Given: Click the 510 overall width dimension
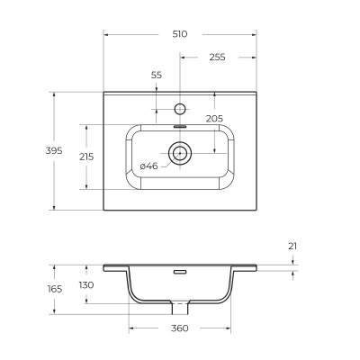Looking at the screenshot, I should point(179,34).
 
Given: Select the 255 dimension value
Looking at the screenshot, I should point(217,57).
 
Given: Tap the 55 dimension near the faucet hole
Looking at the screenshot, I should point(157,76).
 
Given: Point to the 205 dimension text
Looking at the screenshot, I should point(213,118).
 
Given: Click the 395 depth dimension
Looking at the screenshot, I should point(53,150).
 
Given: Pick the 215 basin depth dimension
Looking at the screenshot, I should point(86,156).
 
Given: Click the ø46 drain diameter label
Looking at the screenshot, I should point(148,166).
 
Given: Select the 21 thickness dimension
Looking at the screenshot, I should point(293,246).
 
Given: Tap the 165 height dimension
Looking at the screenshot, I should point(55,289).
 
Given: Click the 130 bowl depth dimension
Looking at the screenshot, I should point(87,285).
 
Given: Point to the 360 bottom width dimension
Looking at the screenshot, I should point(179,328).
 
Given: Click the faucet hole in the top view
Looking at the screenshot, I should point(180,109).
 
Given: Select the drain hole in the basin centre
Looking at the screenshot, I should point(180,151).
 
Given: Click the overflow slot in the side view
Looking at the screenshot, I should point(180,270).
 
